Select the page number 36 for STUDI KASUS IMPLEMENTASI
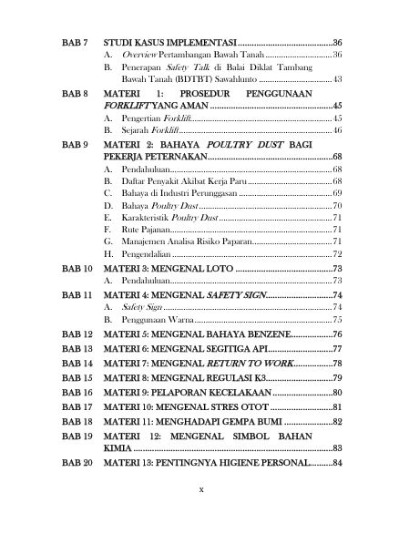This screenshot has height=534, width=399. pos(336,43)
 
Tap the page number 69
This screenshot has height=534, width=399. pos(336,194)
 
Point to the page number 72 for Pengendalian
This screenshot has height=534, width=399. pos(336,256)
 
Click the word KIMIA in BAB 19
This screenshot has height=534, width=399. pos(118,448)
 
